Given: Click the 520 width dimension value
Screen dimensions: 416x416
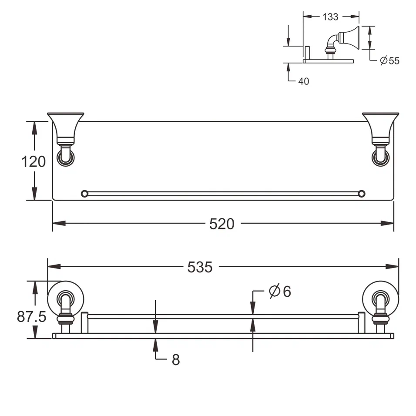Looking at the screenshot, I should coord(221,224).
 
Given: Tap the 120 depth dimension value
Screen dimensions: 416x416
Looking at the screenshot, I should coord(34,161).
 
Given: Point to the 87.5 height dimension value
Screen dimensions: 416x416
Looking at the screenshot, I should coord(31,316).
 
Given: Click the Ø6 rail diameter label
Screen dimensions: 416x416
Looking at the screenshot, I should coord(280,291).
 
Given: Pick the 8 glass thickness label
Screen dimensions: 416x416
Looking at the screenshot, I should coord(175,360).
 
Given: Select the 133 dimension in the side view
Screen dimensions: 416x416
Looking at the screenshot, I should coord(330,17).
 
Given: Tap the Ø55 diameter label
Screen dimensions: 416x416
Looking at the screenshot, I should coord(389,60).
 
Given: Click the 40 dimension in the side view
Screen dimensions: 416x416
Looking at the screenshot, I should coord(304,81).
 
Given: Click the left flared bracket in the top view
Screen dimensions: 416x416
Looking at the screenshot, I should coord(65,126).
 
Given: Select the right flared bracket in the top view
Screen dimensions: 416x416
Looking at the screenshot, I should coord(380,126).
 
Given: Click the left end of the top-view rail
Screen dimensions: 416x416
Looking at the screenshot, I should coord(84,193).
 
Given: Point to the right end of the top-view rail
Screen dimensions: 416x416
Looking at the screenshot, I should coord(361,193).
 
